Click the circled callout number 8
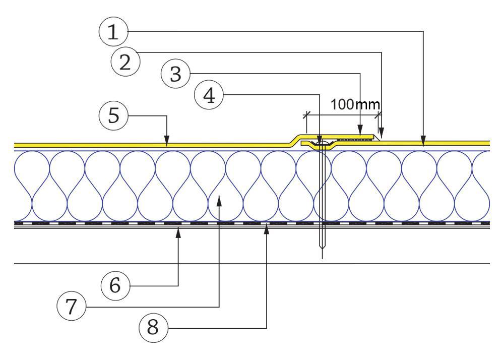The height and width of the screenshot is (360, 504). pos(153,327)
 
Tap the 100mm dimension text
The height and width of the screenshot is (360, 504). pos(355,105)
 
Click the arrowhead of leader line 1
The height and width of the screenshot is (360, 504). pos(423,143)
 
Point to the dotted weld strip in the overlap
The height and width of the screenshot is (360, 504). pos(353,139)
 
